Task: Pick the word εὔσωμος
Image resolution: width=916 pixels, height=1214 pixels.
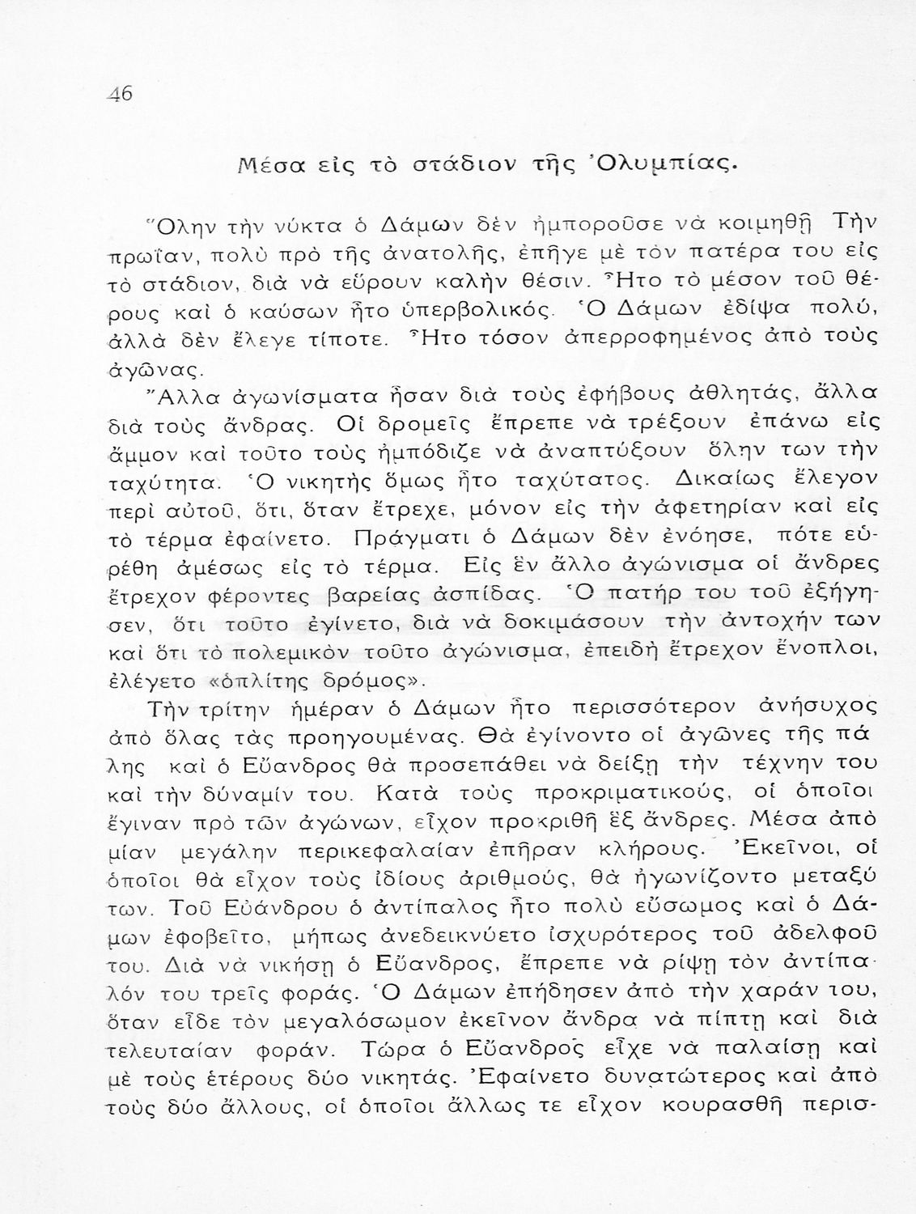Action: coord(699,906)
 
